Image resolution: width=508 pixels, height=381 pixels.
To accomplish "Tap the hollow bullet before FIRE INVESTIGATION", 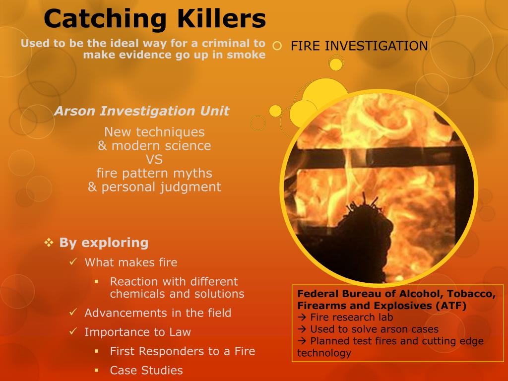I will [x=277, y=46].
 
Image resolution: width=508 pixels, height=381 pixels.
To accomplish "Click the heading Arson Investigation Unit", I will [x=142, y=111].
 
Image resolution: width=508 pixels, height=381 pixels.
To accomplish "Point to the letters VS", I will [x=154, y=160].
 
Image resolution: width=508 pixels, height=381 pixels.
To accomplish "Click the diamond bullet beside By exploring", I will [x=49, y=243].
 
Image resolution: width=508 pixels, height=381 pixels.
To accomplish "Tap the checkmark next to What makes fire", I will [x=73, y=261].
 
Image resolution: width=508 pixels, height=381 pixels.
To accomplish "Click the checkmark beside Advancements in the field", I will [x=73, y=313].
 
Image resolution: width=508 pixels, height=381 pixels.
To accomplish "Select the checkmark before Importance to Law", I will [x=73, y=331].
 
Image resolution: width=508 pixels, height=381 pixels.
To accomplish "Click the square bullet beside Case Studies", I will [x=97, y=370].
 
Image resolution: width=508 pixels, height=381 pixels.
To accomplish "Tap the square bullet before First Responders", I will [x=97, y=351].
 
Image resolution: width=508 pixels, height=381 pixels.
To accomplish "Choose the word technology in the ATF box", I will [x=324, y=353].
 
